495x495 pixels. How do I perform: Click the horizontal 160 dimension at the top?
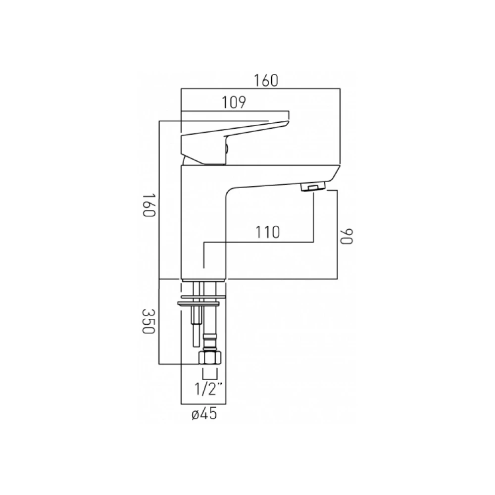266,81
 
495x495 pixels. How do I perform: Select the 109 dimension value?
234,102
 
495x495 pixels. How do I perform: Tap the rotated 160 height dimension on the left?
148,205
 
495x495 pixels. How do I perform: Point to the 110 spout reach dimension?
267,232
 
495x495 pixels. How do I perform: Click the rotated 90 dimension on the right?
346,236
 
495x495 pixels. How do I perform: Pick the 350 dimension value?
148,321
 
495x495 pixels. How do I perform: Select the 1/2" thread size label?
206,389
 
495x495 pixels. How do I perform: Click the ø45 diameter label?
204,413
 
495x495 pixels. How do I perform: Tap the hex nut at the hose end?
210,358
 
